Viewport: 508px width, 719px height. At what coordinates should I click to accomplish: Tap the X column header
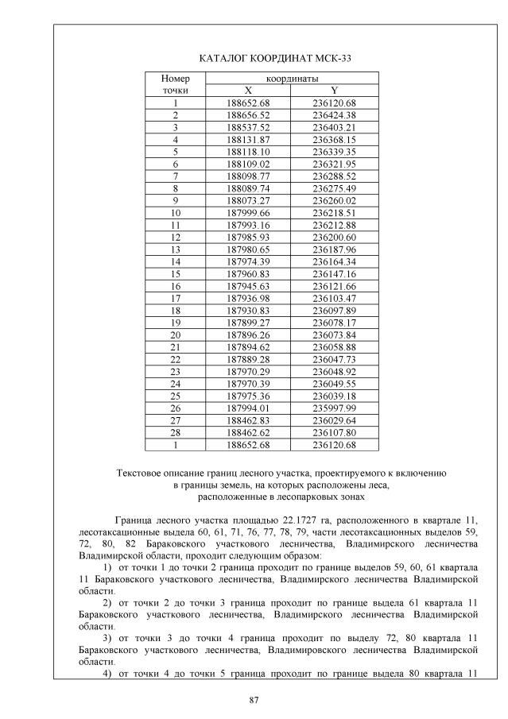248,91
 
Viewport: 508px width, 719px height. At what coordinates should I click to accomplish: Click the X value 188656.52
248,115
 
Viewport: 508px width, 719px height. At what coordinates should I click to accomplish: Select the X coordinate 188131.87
248,139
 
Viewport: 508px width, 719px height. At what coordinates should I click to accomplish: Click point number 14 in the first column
175,261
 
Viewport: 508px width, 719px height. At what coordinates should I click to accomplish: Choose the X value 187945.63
248,285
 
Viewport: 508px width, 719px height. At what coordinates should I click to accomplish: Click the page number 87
254,701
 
